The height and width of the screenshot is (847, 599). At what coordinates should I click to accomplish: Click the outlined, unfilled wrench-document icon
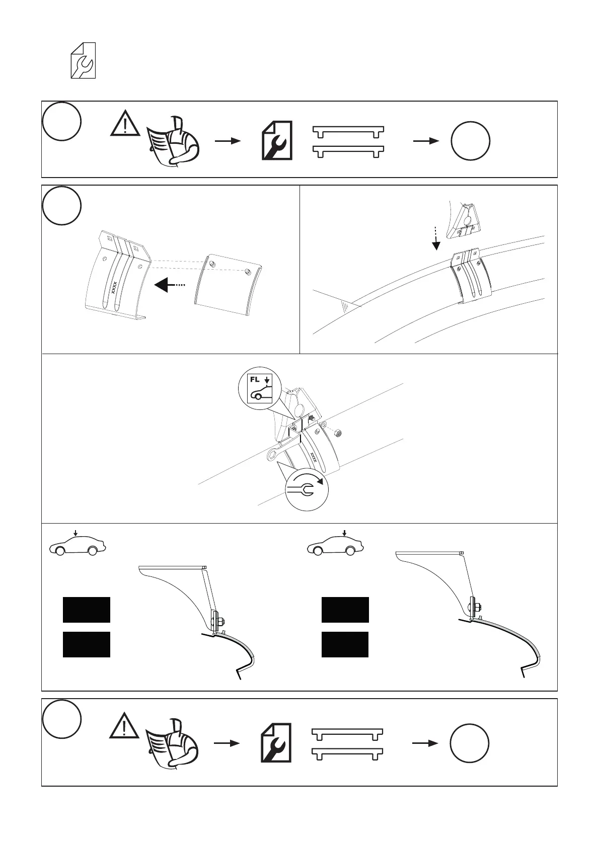coord(83,60)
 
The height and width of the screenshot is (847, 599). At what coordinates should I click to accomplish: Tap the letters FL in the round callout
coord(255,380)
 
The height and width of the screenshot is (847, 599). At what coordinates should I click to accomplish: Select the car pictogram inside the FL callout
coord(260,393)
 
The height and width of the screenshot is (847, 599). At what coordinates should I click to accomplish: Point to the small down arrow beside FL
coord(267,379)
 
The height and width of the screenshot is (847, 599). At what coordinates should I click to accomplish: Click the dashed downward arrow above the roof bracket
coord(436,237)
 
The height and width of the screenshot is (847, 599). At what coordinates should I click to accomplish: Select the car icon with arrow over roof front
coord(77,545)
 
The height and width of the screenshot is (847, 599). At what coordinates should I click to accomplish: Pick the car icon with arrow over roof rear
coord(335,544)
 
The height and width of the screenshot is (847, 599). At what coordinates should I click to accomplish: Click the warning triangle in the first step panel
coord(125,123)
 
